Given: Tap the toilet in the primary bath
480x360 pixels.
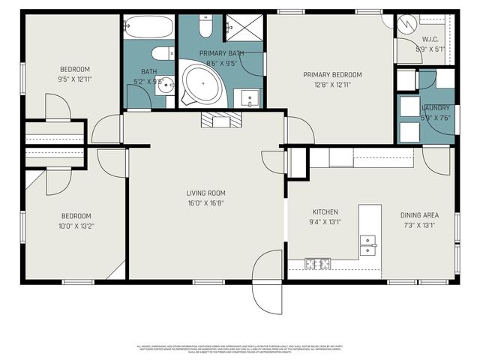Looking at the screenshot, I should (x=205, y=27).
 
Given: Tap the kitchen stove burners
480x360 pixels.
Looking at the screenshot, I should (x=318, y=263).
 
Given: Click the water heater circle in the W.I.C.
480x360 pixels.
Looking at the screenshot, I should (x=406, y=24).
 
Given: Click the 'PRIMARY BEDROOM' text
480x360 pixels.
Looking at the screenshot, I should (x=332, y=74).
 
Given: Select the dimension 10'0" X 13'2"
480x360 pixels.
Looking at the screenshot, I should (x=76, y=225).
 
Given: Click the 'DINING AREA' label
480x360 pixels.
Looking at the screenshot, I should (x=420, y=215).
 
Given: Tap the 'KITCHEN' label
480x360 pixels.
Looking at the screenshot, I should (x=325, y=211).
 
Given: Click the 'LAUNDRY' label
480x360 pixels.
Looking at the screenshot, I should (x=435, y=108).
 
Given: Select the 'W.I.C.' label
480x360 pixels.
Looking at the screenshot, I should (x=430, y=40).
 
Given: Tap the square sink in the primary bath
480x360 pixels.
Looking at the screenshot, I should (x=248, y=97).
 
